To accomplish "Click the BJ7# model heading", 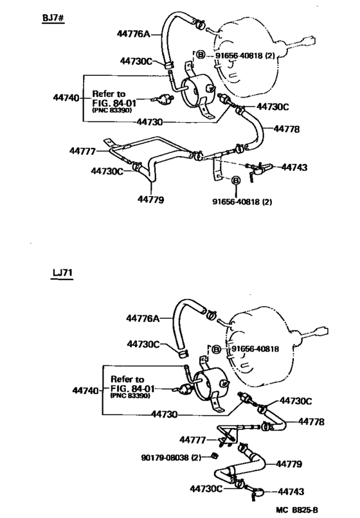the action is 53,18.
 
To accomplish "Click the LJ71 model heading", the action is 62,273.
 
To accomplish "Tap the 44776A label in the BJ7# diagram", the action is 133,33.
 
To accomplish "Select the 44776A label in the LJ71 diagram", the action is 143,319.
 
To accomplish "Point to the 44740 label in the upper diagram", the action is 66,98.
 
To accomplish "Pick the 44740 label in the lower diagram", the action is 85,391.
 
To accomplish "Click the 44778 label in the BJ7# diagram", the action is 286,129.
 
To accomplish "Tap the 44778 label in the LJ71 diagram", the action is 311,422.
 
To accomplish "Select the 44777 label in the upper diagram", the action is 82,151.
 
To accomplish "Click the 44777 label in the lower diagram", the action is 192,440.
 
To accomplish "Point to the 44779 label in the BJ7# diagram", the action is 150,200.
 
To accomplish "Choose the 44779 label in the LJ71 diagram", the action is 289,464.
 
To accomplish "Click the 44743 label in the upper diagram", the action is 294,167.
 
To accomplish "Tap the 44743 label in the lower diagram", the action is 291,492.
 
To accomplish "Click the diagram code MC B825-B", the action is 297,510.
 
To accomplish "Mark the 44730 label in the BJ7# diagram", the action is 150,122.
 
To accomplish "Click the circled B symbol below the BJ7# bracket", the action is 236,181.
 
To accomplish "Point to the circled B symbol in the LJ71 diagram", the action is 216,349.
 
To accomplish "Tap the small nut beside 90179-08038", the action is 214,456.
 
